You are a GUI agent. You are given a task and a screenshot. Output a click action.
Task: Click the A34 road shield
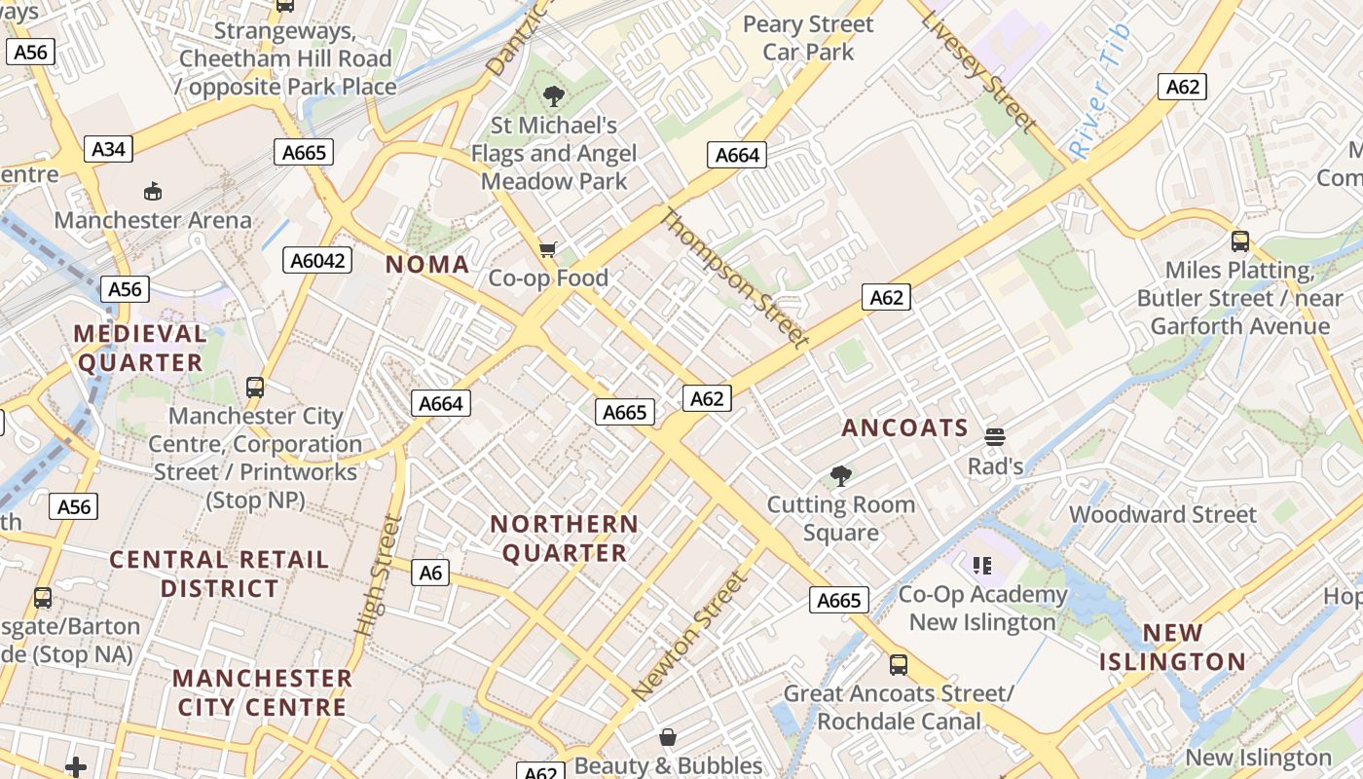click(109, 149)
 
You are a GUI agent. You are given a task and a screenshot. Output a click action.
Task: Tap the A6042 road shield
click(317, 260)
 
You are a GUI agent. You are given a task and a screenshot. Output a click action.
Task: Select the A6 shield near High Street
click(430, 573)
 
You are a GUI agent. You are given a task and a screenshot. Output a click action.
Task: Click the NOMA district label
click(427, 264)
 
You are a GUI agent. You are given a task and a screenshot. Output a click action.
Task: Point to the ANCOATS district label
click(904, 427)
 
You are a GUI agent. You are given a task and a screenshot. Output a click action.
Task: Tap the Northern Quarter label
click(564, 538)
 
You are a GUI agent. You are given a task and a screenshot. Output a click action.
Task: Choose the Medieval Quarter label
click(140, 348)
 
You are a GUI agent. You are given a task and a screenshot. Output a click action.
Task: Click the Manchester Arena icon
click(152, 191)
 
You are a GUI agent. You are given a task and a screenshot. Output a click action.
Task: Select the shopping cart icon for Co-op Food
click(548, 250)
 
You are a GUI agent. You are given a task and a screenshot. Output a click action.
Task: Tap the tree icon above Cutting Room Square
click(840, 476)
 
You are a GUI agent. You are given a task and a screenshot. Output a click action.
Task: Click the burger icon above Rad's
click(994, 437)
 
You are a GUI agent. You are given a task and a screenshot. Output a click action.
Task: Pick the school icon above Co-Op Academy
click(981, 565)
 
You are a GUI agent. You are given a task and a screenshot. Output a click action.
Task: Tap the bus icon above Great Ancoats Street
click(898, 665)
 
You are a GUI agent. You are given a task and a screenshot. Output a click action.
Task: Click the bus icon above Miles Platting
click(1239, 241)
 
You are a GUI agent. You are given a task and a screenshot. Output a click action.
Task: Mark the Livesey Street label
click(978, 71)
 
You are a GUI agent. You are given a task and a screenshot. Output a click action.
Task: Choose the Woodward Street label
click(1162, 514)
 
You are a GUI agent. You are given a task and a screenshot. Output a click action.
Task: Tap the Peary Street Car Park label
click(808, 38)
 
